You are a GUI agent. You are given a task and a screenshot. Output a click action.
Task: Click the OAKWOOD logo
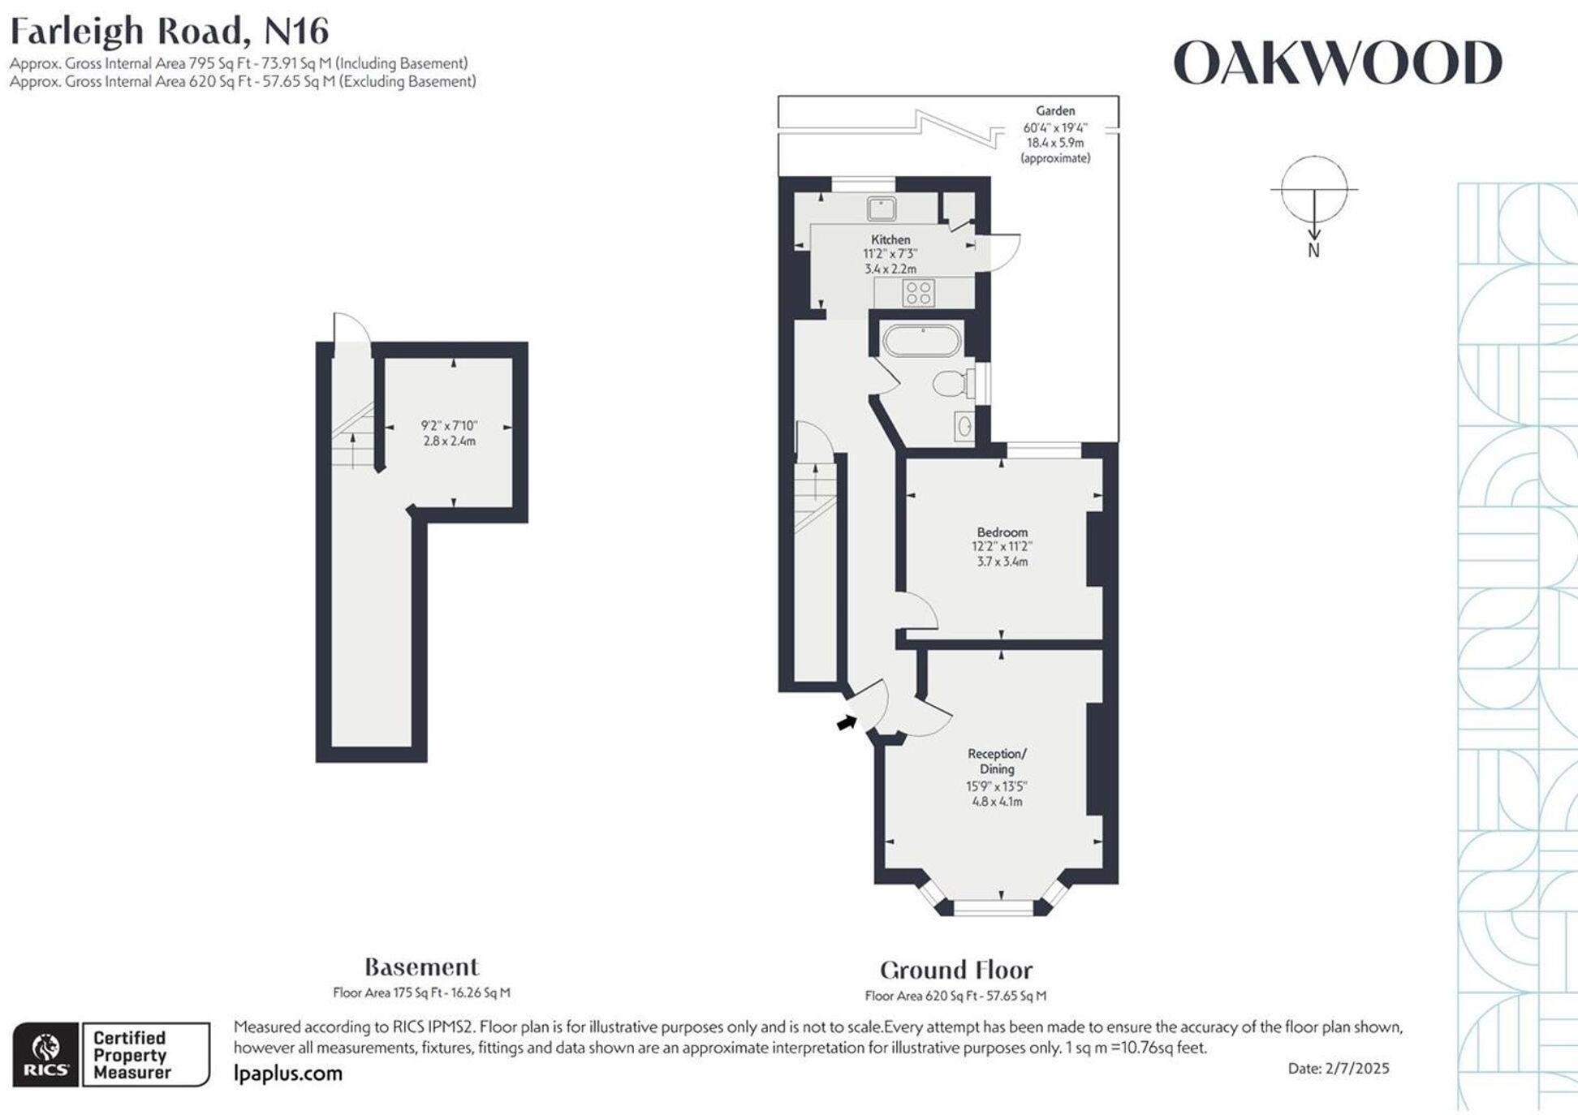tap(1337, 63)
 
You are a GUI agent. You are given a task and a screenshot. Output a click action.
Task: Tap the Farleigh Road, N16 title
tap(169, 32)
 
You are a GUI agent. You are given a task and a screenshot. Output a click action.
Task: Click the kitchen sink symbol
tap(881, 208)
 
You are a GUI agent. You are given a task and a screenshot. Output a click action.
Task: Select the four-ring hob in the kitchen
tap(919, 293)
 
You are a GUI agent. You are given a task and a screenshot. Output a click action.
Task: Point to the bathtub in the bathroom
tap(922, 341)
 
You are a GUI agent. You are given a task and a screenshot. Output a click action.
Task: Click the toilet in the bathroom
tap(951, 383)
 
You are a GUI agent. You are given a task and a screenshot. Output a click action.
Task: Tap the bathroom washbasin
tap(964, 425)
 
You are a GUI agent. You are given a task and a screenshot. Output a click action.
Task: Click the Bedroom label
tap(1002, 532)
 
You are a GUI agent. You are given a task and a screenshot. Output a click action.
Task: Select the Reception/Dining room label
tap(997, 761)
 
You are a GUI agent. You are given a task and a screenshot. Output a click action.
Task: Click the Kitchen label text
tap(890, 239)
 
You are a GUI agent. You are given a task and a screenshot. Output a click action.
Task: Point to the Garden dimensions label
tap(1055, 135)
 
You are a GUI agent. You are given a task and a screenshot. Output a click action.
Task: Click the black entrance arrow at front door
tap(847, 722)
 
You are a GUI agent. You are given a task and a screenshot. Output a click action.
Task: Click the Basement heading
tap(421, 967)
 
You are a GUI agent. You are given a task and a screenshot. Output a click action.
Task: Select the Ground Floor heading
tap(956, 971)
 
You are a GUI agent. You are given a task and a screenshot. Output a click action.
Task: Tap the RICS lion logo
tap(46, 1054)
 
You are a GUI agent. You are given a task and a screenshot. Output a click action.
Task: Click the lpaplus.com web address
tap(287, 1074)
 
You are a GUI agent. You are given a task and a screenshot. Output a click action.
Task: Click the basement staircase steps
tap(353, 442)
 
